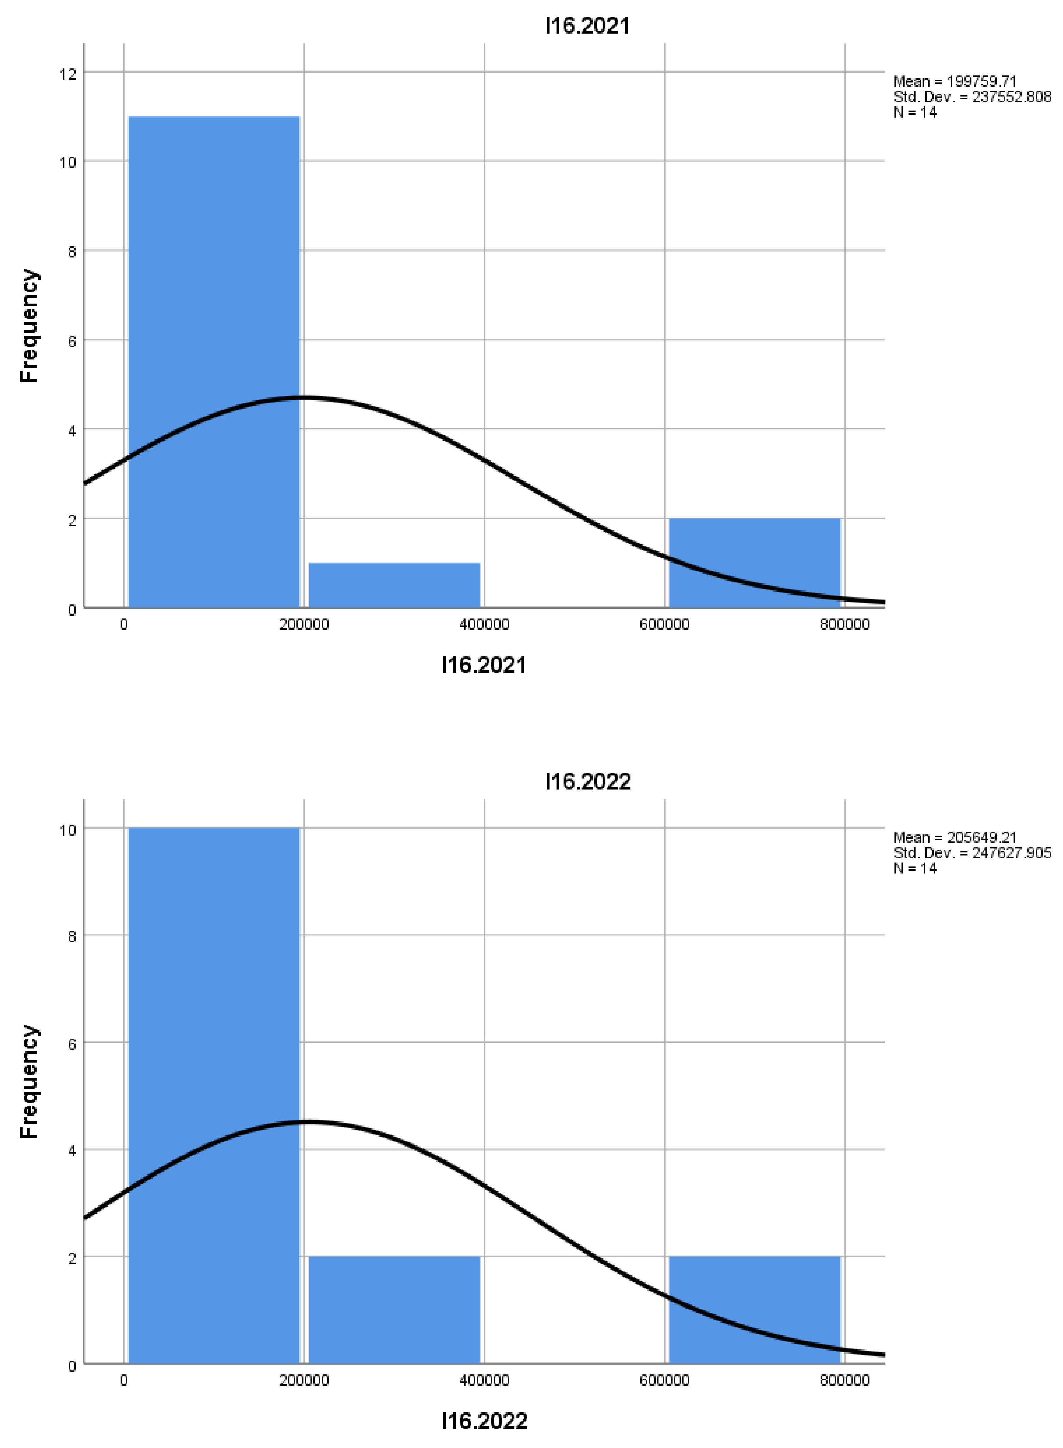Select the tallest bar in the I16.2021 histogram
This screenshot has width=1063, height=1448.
pyautogui.click(x=214, y=360)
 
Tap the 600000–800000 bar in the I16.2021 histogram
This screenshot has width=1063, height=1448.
pyautogui.click(x=754, y=563)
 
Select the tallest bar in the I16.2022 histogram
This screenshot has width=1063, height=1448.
pyautogui.click(x=214, y=1094)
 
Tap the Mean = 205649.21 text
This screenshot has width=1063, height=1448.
pyautogui.click(x=954, y=837)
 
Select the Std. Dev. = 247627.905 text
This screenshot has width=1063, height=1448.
pyautogui.click(x=972, y=853)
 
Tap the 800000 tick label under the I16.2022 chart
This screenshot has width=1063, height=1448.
pyautogui.click(x=844, y=1381)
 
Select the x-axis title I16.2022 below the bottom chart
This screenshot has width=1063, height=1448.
pyautogui.click(x=484, y=1421)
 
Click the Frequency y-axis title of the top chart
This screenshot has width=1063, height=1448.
pyautogui.click(x=29, y=326)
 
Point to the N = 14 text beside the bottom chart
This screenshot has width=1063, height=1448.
pyautogui.click(x=914, y=868)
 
